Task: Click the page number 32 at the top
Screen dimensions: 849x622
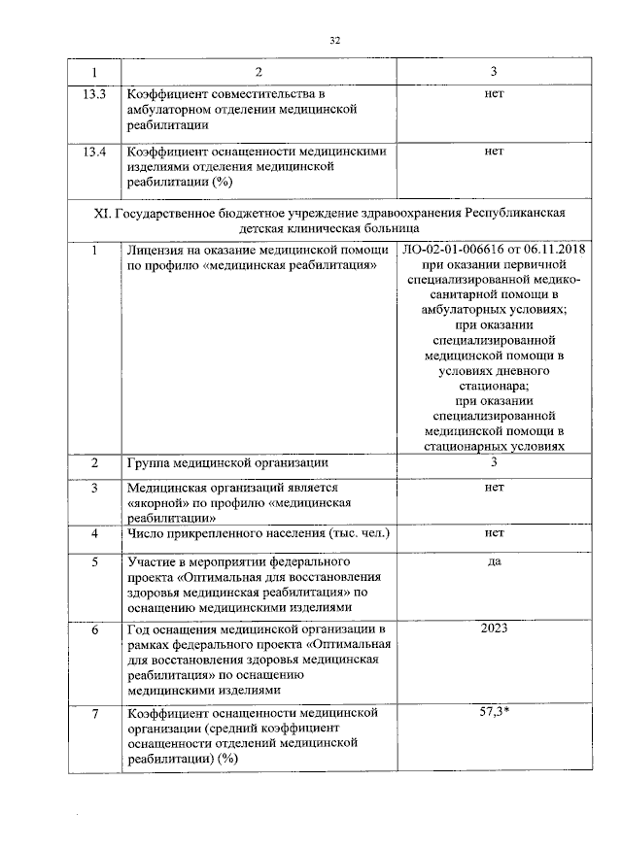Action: pos(335,40)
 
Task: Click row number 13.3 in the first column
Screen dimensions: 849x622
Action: pos(94,94)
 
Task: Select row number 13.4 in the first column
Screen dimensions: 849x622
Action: pos(94,152)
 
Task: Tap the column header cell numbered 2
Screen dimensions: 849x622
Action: pos(258,73)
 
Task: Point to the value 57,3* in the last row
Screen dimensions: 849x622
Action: pos(495,714)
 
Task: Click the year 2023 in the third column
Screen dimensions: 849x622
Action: pos(495,629)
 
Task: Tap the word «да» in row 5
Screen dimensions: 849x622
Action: pos(494,562)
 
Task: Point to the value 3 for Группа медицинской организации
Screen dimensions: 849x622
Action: pos(494,462)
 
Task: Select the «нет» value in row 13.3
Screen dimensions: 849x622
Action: pos(494,94)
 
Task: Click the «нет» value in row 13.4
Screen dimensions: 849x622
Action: pos(494,152)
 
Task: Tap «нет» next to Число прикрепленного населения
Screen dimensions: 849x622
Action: pos(494,534)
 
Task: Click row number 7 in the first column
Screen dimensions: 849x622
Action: pos(94,715)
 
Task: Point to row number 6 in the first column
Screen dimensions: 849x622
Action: pos(94,630)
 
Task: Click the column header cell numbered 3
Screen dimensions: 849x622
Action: pos(494,73)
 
